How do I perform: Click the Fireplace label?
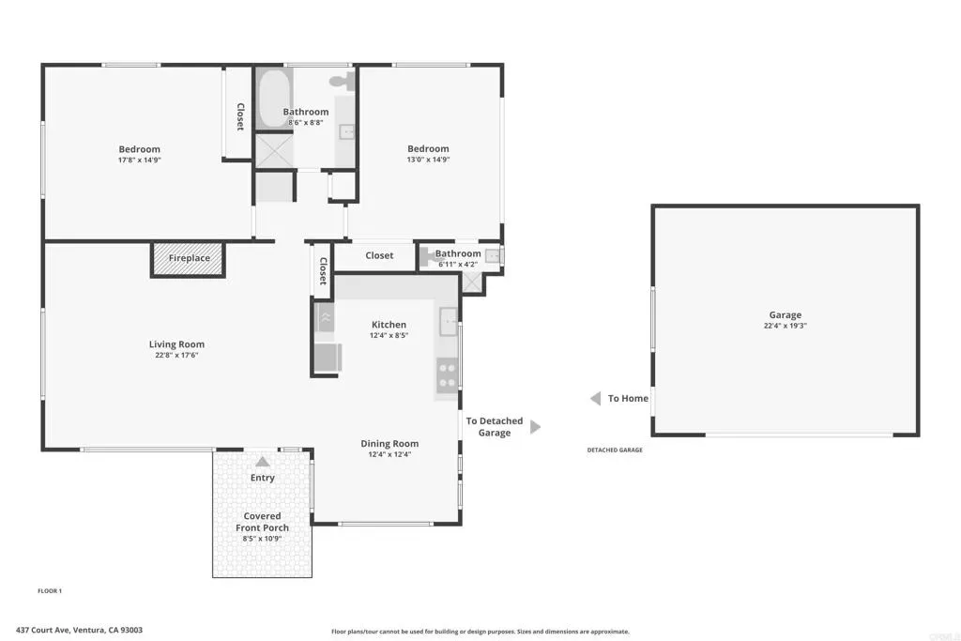pos(190,258)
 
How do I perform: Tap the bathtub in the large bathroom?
pos(274,98)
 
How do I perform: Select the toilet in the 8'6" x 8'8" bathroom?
pos(343,81)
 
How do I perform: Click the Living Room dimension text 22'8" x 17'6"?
pos(176,355)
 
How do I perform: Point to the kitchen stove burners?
pos(447,375)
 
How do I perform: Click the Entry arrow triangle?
pos(263,462)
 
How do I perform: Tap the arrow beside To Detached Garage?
pos(535,426)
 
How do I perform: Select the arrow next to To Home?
pos(595,399)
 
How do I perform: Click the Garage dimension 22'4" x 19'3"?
pos(786,326)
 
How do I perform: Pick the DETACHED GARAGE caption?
pos(615,450)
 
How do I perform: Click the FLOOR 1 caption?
pos(50,590)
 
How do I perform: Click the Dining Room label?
pos(389,444)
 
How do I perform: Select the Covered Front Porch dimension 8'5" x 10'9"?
pos(262,539)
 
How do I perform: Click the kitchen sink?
pos(449,322)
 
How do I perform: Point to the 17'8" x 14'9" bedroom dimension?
pos(140,160)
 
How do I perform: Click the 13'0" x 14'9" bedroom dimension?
pos(428,160)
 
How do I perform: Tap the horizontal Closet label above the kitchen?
pos(379,255)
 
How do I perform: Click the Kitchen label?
pos(389,325)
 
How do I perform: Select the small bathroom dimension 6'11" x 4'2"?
pos(458,265)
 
